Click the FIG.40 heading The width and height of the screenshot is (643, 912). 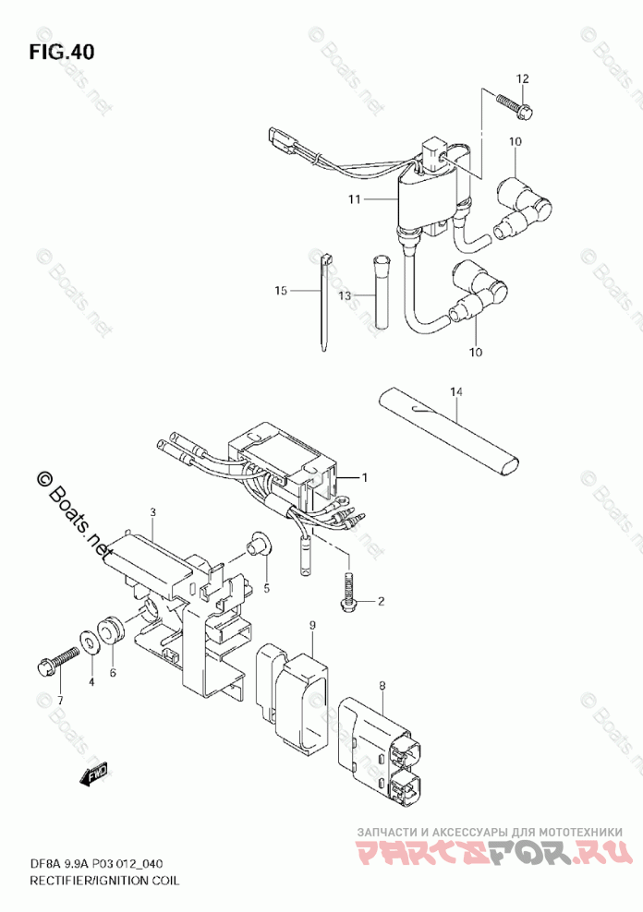[x=62, y=51]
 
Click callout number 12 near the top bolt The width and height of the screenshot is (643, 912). [x=521, y=78]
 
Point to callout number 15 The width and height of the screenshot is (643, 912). [x=282, y=291]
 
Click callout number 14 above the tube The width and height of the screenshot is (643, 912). [x=455, y=392]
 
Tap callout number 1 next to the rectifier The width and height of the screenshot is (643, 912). [x=365, y=477]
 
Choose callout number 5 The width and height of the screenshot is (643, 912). [x=265, y=588]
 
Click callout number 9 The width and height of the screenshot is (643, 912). [x=312, y=626]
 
